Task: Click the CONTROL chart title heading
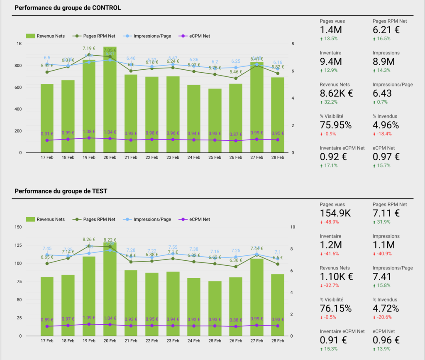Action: (x=68, y=8)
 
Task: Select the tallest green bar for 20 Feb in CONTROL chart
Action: (x=110, y=100)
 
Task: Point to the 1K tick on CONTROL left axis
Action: (x=19, y=44)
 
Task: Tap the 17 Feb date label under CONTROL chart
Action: (x=46, y=158)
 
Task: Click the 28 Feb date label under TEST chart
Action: (x=278, y=341)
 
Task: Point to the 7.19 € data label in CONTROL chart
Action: (x=89, y=49)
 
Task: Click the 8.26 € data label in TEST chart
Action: (x=89, y=239)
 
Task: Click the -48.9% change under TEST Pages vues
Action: (x=330, y=222)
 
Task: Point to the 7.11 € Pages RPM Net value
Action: (x=386, y=213)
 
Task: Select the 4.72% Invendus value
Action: (x=386, y=309)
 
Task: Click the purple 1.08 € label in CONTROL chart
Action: (x=89, y=132)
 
